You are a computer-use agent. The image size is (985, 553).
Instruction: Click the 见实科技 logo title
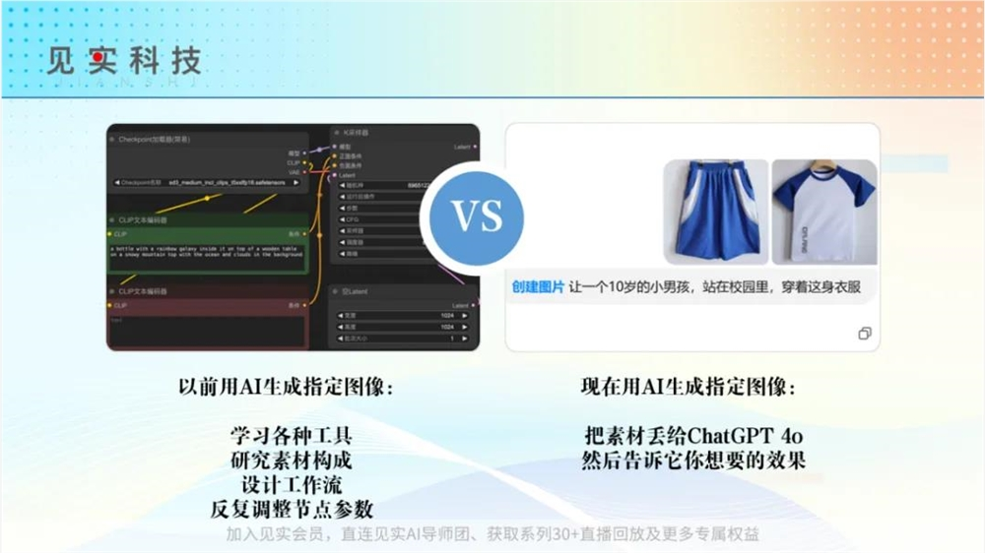point(123,60)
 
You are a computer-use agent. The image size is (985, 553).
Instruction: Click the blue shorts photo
point(715,212)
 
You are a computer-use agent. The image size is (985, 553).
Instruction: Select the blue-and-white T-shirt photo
point(823,212)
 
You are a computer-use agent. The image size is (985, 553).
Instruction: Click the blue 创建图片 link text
point(538,287)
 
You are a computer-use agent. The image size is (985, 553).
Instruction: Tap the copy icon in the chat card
point(864,334)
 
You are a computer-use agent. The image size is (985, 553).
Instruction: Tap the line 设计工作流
point(292,485)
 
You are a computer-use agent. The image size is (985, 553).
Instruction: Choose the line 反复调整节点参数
point(292,510)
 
